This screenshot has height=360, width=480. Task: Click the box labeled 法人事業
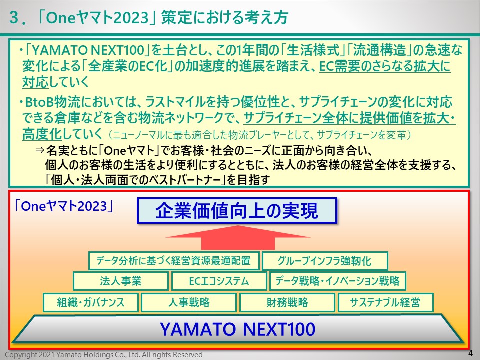(x=121, y=281)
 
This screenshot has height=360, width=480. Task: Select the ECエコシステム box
(x=219, y=281)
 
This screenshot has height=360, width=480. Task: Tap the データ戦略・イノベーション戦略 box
(x=337, y=281)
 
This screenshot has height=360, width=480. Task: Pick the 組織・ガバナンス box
(x=91, y=302)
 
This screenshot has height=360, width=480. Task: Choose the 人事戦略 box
(x=189, y=302)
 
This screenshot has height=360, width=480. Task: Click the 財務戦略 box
(x=287, y=302)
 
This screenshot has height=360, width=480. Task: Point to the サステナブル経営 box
(x=385, y=302)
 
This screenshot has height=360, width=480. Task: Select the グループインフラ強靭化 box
(x=325, y=261)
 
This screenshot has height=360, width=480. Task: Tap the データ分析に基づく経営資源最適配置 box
(x=174, y=261)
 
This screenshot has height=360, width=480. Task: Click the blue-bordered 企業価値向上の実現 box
(x=237, y=211)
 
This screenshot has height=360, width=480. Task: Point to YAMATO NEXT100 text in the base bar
(x=238, y=329)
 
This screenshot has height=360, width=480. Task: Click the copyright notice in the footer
(x=104, y=355)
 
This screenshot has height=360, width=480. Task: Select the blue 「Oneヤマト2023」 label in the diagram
(x=64, y=206)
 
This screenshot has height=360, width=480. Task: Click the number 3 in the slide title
(x=14, y=17)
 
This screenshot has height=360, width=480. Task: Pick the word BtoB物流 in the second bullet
(x=53, y=102)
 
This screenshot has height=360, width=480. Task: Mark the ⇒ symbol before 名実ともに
(x=40, y=150)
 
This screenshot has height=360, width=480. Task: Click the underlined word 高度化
(x=42, y=134)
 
